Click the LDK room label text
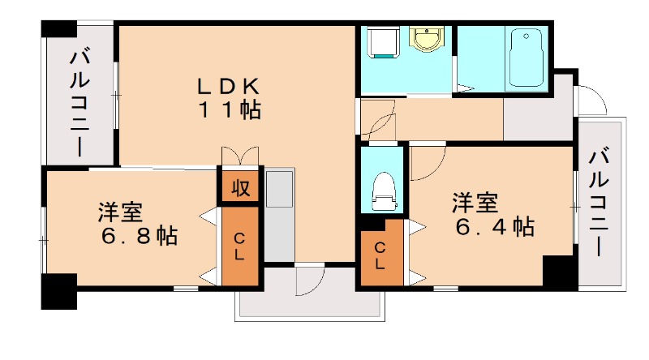point(228,84)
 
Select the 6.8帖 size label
point(140,237)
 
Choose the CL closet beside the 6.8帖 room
point(241,246)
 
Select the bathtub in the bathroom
point(527,56)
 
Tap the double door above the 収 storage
point(239,156)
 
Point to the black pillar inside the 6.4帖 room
point(557,269)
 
